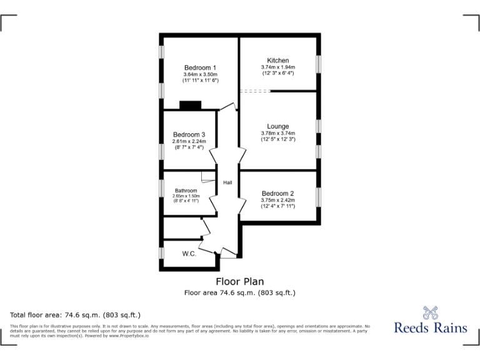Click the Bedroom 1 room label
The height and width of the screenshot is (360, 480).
[x=200, y=67]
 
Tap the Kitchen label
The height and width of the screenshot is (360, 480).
[x=277, y=60]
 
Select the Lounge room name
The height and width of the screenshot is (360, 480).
[x=277, y=126]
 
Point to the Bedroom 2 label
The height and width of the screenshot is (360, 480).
[x=277, y=193]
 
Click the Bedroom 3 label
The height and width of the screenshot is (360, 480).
[x=189, y=134]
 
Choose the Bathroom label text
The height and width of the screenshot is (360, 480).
[x=186, y=191]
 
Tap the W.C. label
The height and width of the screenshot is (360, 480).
[x=189, y=254]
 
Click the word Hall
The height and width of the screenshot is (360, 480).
[x=227, y=182]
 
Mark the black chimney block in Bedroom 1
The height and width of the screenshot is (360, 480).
[x=190, y=105]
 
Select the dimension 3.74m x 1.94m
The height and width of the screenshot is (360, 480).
[x=277, y=67]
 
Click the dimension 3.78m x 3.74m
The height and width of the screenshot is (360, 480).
[x=277, y=133]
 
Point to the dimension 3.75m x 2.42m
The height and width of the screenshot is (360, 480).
[x=277, y=200]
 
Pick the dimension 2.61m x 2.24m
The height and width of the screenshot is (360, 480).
[x=189, y=141]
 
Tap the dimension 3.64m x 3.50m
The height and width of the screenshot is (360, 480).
[x=200, y=75]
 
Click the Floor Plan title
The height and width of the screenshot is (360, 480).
[x=239, y=281]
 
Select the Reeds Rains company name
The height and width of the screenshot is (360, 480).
[x=430, y=327]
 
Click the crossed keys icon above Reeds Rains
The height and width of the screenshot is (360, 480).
[x=430, y=311]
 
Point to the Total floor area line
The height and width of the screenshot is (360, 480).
[x=75, y=314]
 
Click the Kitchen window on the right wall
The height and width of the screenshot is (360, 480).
[x=318, y=63]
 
